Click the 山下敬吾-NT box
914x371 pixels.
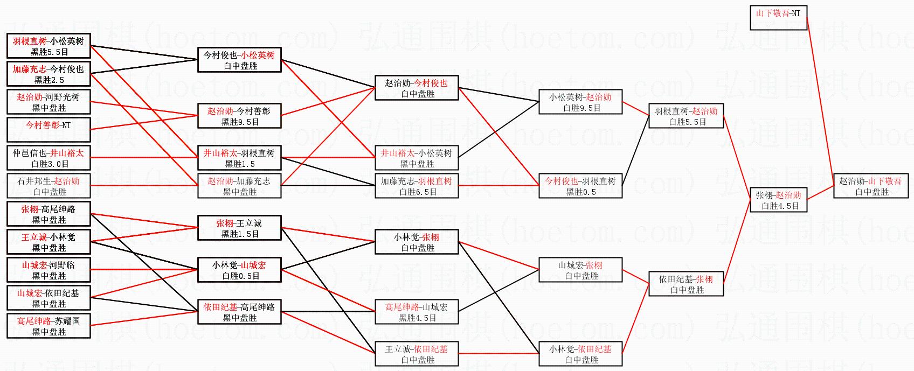coord(778,18)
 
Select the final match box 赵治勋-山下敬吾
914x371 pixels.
coord(871,186)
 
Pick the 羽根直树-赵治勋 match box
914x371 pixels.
coord(686,116)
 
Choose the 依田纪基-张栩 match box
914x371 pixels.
coord(686,284)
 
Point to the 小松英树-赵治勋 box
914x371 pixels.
coord(580,102)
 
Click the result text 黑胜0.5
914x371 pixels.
coord(581,192)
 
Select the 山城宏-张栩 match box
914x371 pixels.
coord(580,270)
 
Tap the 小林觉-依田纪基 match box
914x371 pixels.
coord(580,354)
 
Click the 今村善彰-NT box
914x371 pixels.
coord(49,130)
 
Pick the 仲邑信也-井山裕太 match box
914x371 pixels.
coord(49,158)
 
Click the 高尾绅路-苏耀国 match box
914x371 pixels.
coord(49,326)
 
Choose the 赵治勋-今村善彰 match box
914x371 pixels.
coord(240,116)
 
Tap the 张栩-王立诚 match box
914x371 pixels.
coord(240,228)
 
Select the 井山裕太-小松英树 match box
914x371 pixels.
coord(417,158)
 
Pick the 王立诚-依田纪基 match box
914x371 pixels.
coord(417,354)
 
